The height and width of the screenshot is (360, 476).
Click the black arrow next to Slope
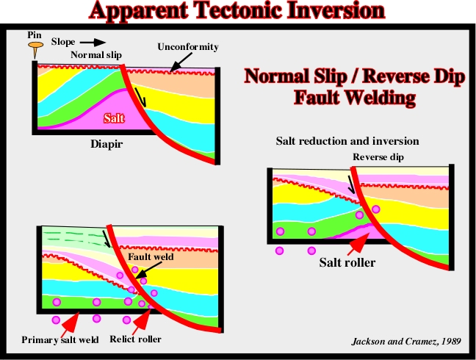pos(93,42)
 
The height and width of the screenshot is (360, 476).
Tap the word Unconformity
pos(188,47)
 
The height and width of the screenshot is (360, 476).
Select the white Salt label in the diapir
pos(114,118)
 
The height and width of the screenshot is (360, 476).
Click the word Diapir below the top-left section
pos(107,144)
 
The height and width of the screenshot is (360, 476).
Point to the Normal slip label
pos(96,54)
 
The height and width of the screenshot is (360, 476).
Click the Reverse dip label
pos(378,157)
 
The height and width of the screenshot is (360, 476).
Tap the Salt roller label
pos(347,262)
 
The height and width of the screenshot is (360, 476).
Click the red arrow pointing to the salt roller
pos(358,245)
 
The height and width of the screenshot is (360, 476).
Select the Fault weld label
pos(151,257)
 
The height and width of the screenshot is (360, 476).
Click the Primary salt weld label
pos(60,339)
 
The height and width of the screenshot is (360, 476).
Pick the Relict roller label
pos(135,339)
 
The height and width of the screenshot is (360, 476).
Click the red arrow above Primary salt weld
pos(71,323)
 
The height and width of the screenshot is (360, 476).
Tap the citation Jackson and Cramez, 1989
pos(406,342)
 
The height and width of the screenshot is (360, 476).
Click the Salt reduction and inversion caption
pos(347,141)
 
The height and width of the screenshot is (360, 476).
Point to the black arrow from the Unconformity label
pos(181,62)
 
